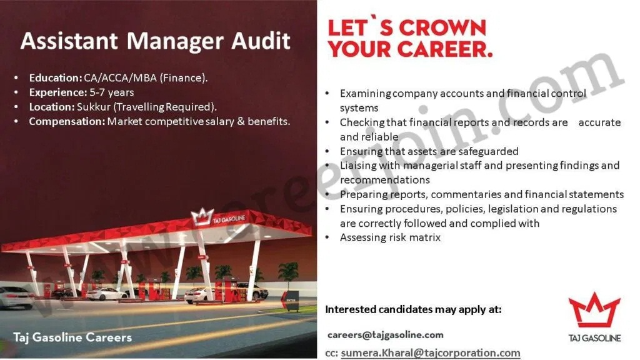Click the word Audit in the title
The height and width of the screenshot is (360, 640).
tap(261, 41)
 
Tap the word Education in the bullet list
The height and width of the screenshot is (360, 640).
tap(56, 77)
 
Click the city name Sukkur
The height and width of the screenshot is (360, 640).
tap(94, 107)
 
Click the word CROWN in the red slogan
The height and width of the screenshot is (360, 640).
tap(442, 27)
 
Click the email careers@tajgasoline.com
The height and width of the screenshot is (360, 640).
tap(385, 335)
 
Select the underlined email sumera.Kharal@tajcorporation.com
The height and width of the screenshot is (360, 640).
tap(431, 352)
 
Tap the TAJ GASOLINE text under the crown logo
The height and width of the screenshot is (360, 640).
tap(595, 338)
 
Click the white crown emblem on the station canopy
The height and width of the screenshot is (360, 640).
tap(202, 217)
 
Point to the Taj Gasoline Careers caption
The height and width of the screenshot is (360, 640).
tap(72, 337)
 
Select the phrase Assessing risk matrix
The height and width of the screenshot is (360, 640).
tap(390, 237)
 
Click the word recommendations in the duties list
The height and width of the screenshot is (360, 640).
tap(385, 180)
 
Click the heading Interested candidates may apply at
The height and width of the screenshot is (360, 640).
tap(414, 309)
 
